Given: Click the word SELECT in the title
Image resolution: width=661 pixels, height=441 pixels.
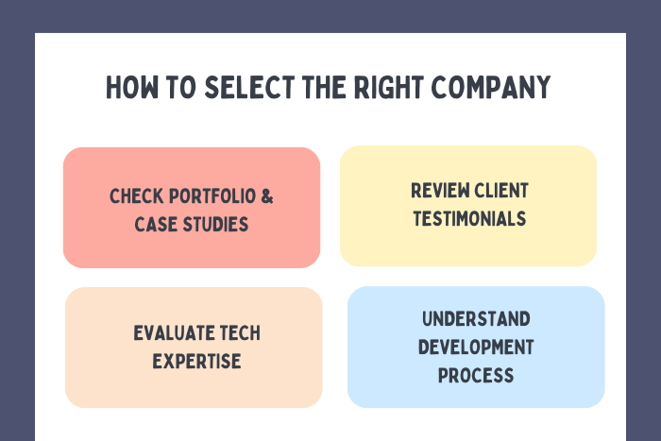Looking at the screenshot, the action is (249, 87).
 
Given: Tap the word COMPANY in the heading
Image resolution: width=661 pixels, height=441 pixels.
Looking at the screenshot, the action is (491, 87).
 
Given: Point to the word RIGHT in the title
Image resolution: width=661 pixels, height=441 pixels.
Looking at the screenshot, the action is (389, 87).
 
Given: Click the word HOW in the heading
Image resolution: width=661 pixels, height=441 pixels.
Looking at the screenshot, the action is (132, 87).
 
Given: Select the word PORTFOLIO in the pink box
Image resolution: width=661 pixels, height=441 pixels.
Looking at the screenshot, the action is (212, 196).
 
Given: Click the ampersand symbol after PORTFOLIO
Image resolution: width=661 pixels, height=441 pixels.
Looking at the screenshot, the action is (267, 196).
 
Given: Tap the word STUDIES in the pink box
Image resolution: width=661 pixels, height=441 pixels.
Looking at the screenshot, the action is (215, 225).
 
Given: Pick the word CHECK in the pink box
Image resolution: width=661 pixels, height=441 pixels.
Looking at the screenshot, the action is (136, 196).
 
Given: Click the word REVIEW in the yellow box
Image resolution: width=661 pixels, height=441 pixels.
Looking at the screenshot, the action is (440, 191).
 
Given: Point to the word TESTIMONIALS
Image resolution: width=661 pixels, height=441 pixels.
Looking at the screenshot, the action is (469, 219).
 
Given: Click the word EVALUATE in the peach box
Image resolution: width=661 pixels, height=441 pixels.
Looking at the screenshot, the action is (173, 333).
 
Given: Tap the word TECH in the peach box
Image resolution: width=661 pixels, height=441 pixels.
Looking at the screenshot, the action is (240, 333).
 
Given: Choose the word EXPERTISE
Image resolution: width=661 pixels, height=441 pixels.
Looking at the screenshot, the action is (196, 362).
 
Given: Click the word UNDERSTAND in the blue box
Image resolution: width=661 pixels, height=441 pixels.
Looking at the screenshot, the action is (476, 319).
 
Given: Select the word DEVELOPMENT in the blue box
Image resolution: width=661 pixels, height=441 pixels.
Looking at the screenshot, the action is (476, 347).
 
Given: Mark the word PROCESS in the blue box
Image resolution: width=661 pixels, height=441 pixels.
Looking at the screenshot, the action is (476, 375).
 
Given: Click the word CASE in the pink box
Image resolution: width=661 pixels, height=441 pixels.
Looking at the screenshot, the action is (156, 225).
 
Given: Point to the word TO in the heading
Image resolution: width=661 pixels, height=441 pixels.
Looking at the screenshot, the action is (181, 87).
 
